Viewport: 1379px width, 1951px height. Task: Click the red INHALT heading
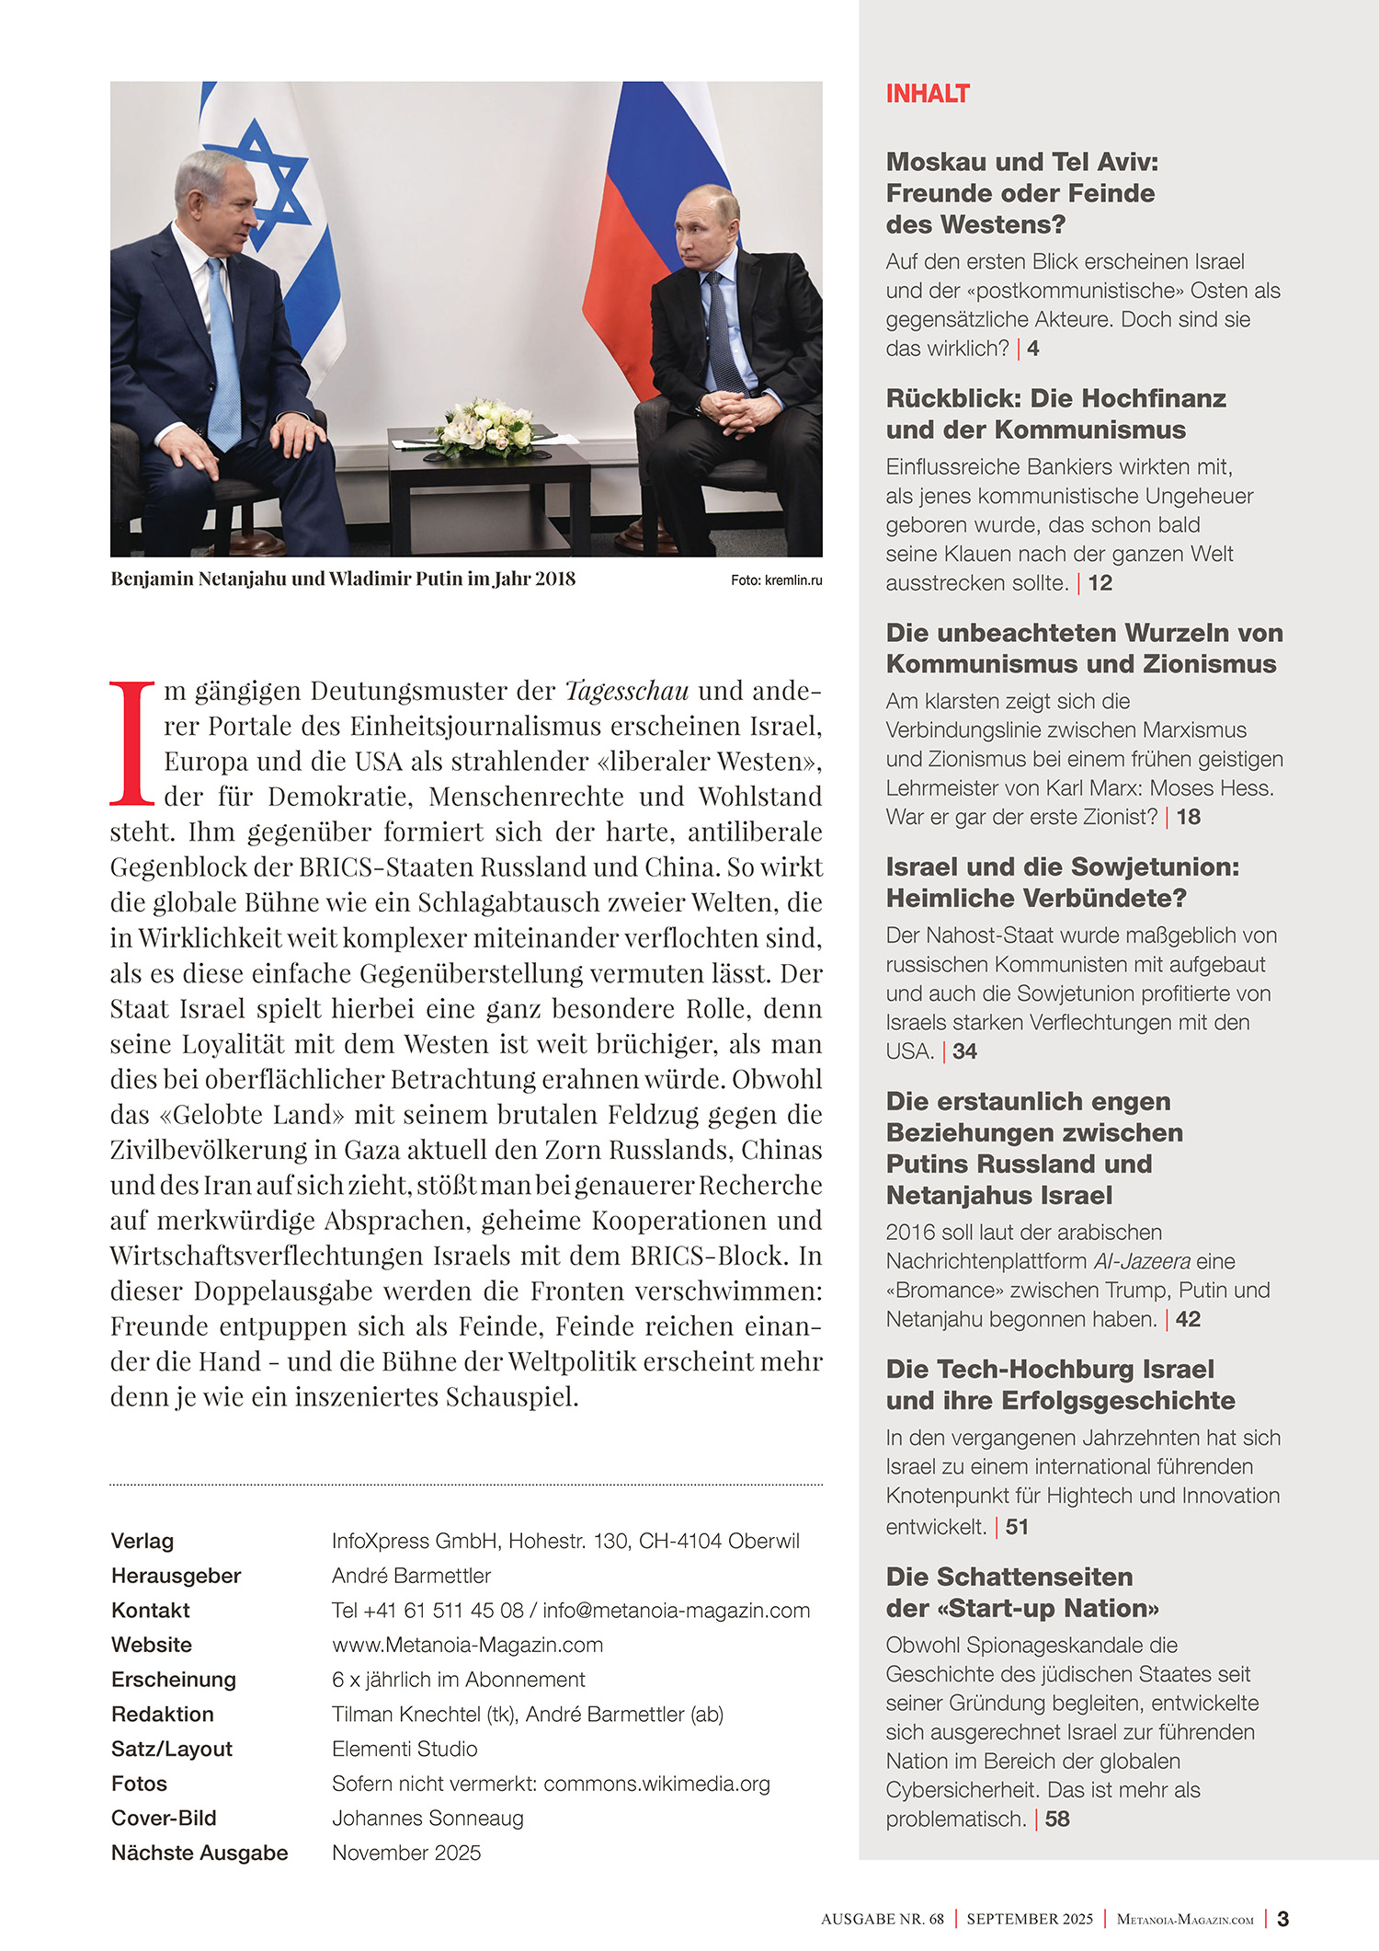coord(927,94)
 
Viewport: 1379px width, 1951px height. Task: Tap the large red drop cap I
coord(132,743)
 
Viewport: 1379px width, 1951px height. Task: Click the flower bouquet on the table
coord(484,427)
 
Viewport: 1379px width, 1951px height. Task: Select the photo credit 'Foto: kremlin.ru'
coord(776,580)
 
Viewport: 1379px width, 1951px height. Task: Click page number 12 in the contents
coord(1100,583)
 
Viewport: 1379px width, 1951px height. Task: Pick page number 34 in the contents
coord(964,1051)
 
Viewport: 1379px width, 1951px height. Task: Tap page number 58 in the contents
coord(1057,1819)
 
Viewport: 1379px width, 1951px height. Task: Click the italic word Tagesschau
coord(626,690)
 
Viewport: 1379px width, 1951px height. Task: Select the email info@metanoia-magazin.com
coord(676,1610)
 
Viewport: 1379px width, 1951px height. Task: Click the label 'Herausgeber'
coord(176,1576)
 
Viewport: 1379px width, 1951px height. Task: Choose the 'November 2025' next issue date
coord(406,1853)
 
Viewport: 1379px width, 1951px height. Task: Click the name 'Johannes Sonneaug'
coord(427,1818)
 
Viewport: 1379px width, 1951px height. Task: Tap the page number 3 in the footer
coord(1282,1919)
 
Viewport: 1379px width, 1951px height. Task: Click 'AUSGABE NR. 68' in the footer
coord(882,1919)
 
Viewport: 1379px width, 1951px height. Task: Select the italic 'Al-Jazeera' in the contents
coord(1142,1261)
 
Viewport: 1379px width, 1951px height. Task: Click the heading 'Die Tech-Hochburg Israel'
coord(1049,1369)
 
